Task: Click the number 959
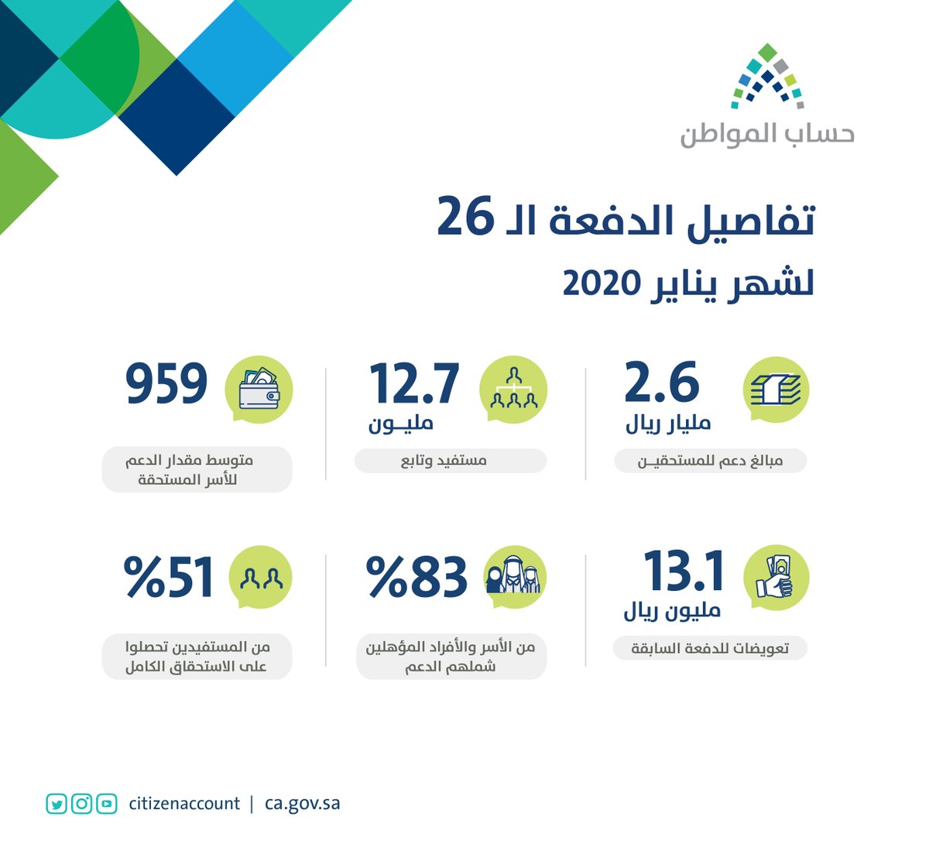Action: pyautogui.click(x=166, y=384)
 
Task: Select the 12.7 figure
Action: pyautogui.click(x=414, y=384)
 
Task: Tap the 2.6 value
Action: pyautogui.click(x=662, y=383)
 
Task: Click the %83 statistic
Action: pyautogui.click(x=417, y=578)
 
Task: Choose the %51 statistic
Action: pyautogui.click(x=168, y=578)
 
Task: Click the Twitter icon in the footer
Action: pyautogui.click(x=56, y=804)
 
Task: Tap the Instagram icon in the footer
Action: pyautogui.click(x=81, y=804)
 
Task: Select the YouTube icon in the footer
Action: pyautogui.click(x=107, y=804)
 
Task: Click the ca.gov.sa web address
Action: pyautogui.click(x=302, y=804)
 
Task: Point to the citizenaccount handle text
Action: pyautogui.click(x=184, y=804)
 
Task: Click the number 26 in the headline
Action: pyautogui.click(x=464, y=218)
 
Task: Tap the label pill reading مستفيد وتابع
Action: pyautogui.click(x=451, y=461)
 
